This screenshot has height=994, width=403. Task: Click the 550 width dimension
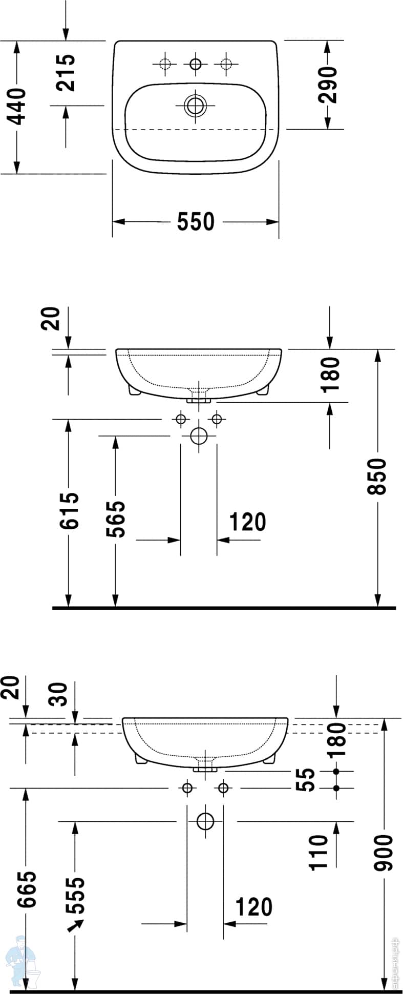(196, 222)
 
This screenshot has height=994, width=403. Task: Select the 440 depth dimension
(17, 107)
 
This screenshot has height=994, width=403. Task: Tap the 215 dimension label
(66, 73)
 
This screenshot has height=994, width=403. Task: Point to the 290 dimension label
(328, 85)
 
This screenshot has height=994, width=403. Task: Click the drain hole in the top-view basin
(195, 106)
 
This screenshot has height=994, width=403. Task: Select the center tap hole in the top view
(195, 64)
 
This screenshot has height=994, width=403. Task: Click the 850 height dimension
(377, 477)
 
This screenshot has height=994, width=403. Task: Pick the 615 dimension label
(69, 511)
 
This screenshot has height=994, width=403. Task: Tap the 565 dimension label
(115, 519)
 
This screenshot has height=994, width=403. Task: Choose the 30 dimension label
(59, 694)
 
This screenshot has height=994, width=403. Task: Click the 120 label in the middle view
(247, 522)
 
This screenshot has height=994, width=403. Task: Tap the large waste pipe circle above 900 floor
(205, 821)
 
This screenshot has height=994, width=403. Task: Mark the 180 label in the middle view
(330, 375)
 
